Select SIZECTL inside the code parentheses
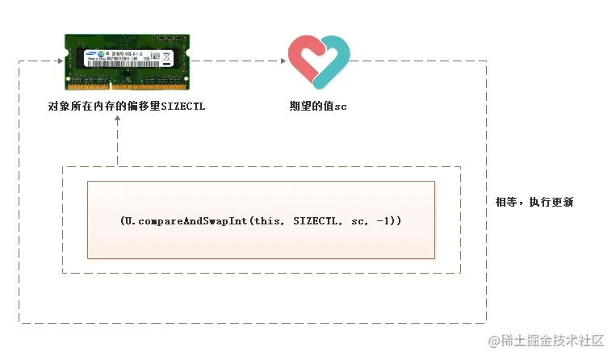[312, 220]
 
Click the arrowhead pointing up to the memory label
[118, 119]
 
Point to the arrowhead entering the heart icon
[283, 61]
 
